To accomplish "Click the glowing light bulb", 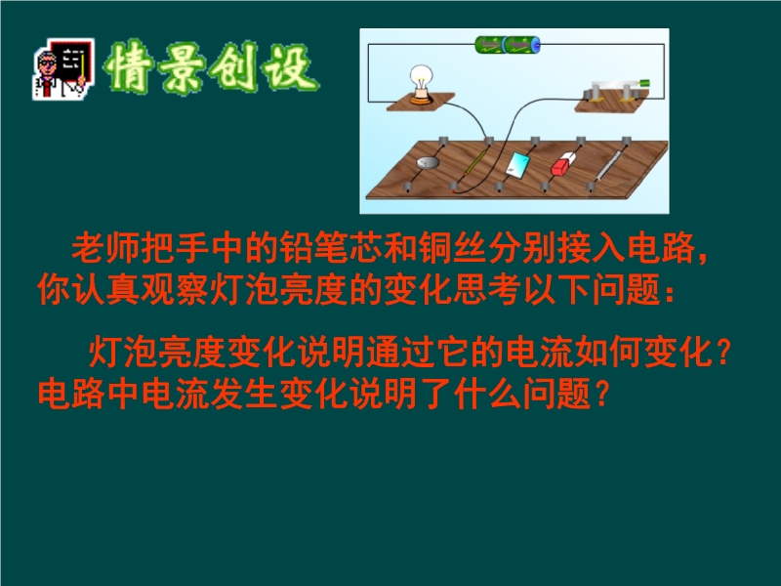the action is pyautogui.click(x=422, y=78).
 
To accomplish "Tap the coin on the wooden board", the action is pyautogui.click(x=428, y=162).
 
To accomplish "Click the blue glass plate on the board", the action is pyautogui.click(x=517, y=164).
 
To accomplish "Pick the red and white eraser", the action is pyautogui.click(x=563, y=164).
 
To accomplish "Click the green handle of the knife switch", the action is pyautogui.click(x=645, y=83).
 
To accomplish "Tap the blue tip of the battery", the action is pyautogui.click(x=537, y=45).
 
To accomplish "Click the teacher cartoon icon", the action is pyautogui.click(x=63, y=68).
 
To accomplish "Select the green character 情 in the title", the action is pyautogui.click(x=129, y=66).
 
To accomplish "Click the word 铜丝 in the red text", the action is pyautogui.click(x=452, y=248).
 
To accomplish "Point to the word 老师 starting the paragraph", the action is pyautogui.click(x=105, y=248).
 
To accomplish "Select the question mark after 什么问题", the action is pyautogui.click(x=602, y=394).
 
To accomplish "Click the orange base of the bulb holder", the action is pyautogui.click(x=422, y=99).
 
